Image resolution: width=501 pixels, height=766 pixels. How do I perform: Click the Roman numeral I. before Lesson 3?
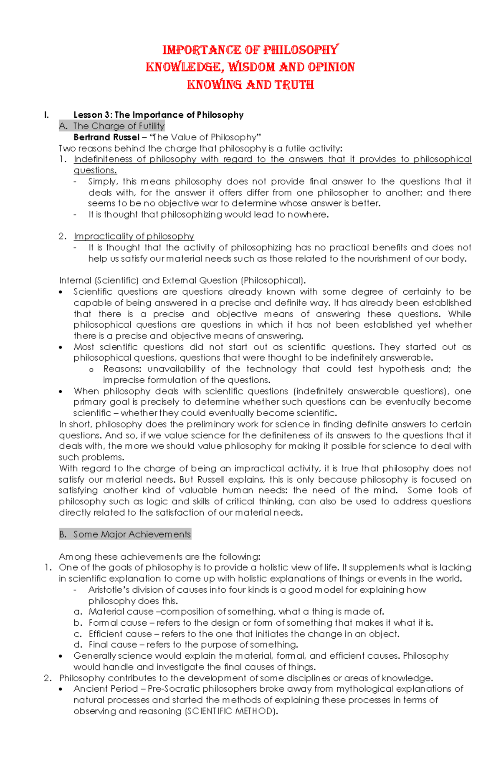[x=46, y=115]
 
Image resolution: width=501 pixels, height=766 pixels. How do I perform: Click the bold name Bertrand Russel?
[x=106, y=137]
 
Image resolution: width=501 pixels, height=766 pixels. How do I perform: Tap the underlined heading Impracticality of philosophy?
[x=134, y=236]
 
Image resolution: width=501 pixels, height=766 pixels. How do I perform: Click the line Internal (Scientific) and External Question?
[x=182, y=281]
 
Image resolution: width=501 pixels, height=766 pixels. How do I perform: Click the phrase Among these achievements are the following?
[x=159, y=557]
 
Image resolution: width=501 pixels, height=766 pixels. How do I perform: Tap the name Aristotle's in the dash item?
[x=107, y=590]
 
